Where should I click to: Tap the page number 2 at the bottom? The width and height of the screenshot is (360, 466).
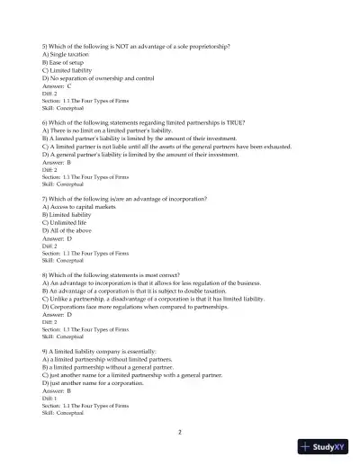(x=180, y=432)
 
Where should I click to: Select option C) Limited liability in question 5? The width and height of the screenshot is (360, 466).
(x=67, y=70)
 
